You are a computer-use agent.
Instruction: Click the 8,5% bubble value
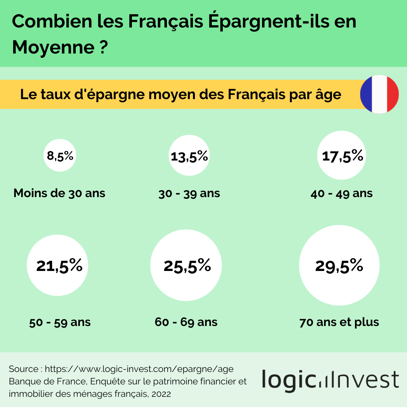click(x=60, y=155)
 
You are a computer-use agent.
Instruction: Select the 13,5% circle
click(x=189, y=156)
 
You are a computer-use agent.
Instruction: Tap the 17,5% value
click(x=342, y=156)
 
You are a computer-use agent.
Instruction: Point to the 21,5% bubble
click(x=60, y=266)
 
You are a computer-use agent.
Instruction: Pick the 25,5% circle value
click(x=187, y=266)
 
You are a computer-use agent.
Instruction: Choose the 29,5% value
click(x=339, y=266)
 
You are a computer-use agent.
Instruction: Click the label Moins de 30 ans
click(x=60, y=193)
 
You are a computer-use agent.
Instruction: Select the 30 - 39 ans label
click(x=189, y=194)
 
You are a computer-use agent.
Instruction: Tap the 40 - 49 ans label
click(x=341, y=194)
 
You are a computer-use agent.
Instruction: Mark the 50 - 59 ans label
click(x=60, y=323)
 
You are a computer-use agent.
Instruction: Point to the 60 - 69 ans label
click(x=186, y=323)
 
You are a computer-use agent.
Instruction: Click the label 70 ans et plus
click(x=339, y=323)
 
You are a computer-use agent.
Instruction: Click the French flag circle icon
click(x=379, y=94)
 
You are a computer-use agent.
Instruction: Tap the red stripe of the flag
click(x=392, y=94)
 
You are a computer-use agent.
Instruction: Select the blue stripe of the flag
click(x=366, y=94)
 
